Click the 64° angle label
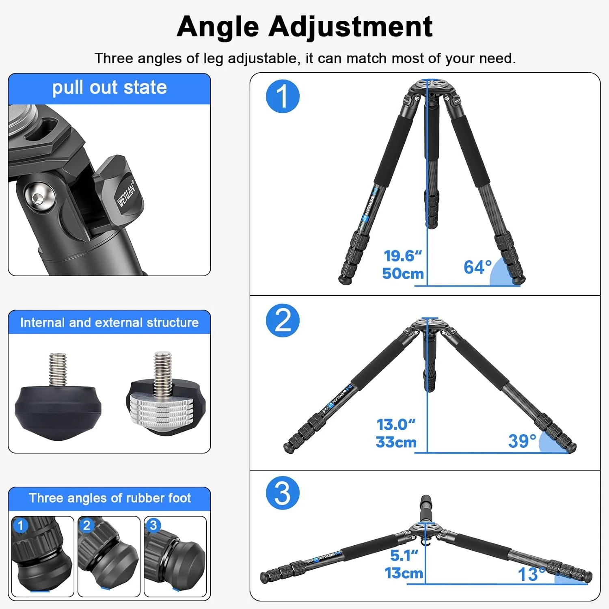tap(478, 267)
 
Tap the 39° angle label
tap(522, 441)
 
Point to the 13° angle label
tap(531, 574)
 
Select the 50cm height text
tap(403, 273)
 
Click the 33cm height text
tap(396, 442)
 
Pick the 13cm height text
tap(404, 573)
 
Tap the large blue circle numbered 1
tap(283, 97)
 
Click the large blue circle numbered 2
tap(283, 320)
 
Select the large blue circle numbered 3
tap(283, 493)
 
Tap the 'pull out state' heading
tap(110, 88)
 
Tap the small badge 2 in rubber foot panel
tap(86, 525)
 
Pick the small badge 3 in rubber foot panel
tap(153, 525)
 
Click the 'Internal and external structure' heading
tap(110, 322)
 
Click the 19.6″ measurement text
tap(403, 256)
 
